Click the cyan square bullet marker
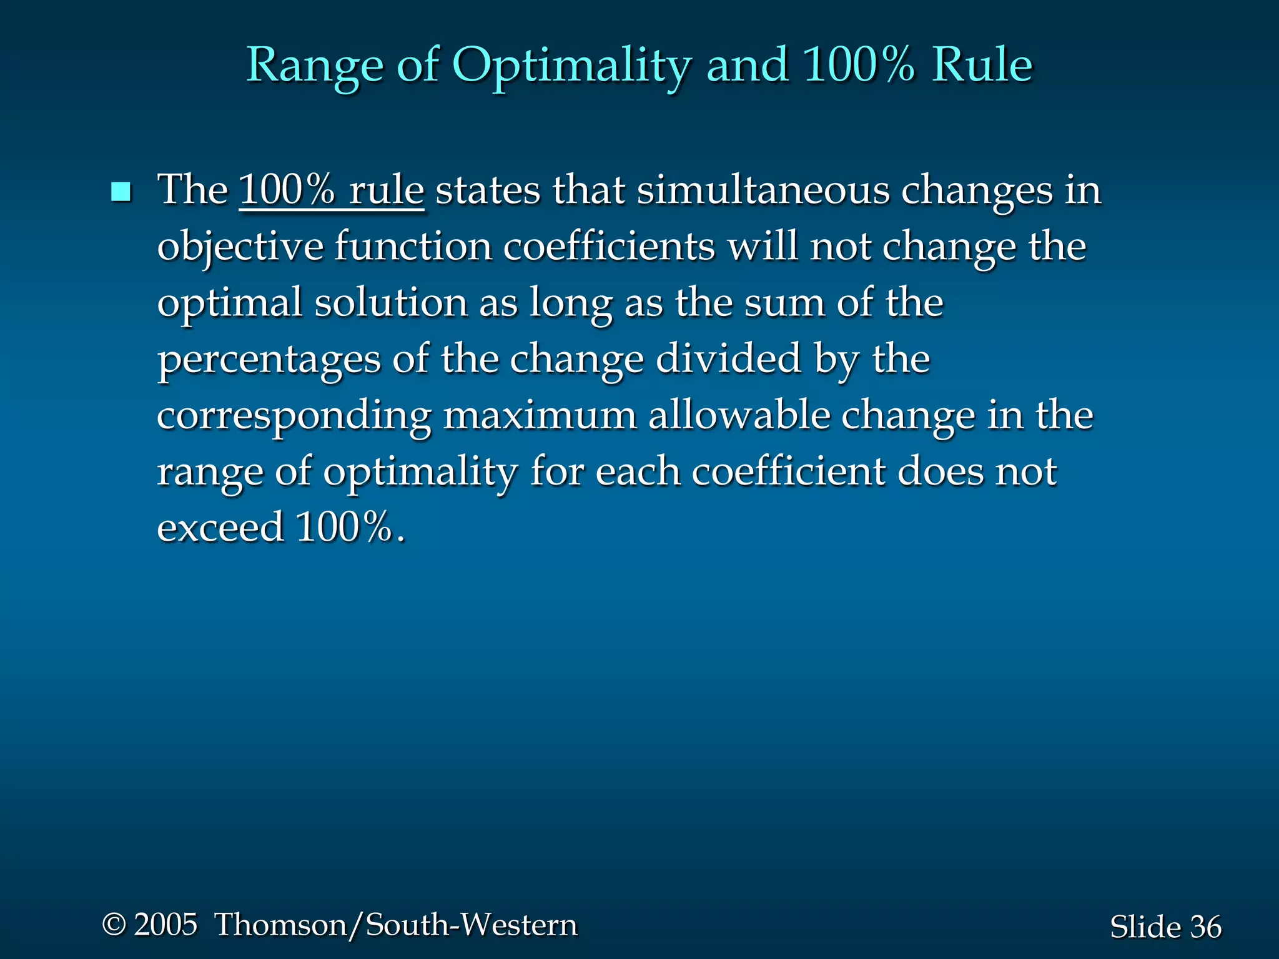tap(121, 192)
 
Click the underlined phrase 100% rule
tap(331, 190)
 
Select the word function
tap(413, 247)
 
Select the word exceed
tap(220, 528)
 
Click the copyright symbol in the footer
tap(114, 925)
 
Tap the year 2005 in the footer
tap(165, 925)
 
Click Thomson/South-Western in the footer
tap(396, 925)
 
